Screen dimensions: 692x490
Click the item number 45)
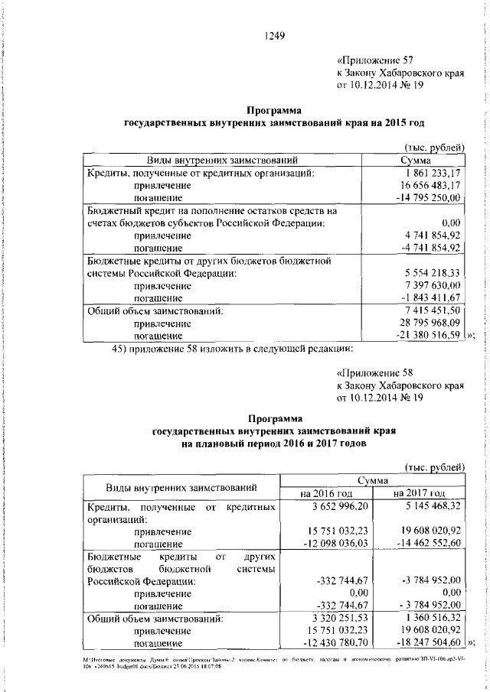pyautogui.click(x=122, y=349)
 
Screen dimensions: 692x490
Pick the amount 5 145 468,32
pyautogui.click(x=429, y=506)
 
